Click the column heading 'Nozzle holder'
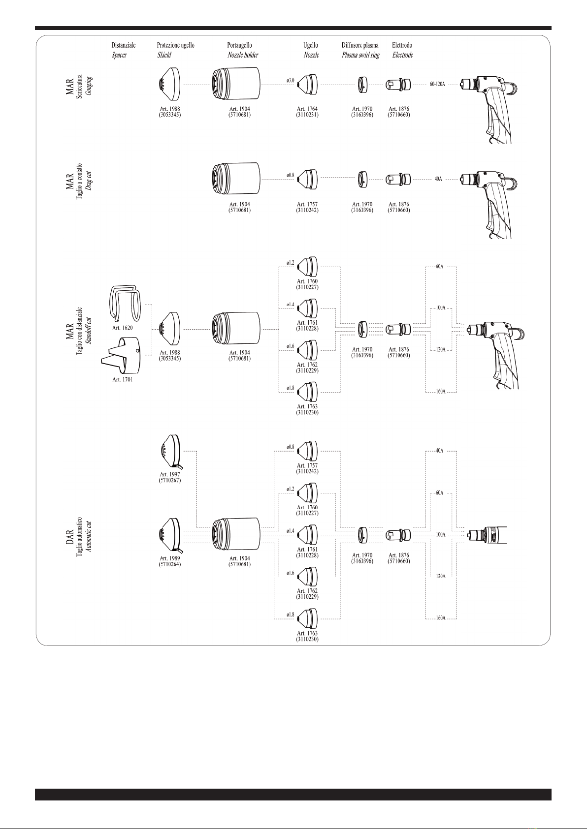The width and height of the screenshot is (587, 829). pyautogui.click(x=242, y=55)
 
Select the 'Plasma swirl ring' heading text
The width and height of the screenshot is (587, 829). pyautogui.click(x=360, y=55)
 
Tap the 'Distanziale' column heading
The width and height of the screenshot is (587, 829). pyautogui.click(x=123, y=45)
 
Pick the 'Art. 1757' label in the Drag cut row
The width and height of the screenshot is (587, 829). pyautogui.click(x=307, y=204)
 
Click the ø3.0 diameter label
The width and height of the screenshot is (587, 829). pyautogui.click(x=290, y=80)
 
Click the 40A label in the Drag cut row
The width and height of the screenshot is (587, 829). pyautogui.click(x=437, y=180)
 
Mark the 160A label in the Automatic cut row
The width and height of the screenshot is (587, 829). pyautogui.click(x=440, y=618)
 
